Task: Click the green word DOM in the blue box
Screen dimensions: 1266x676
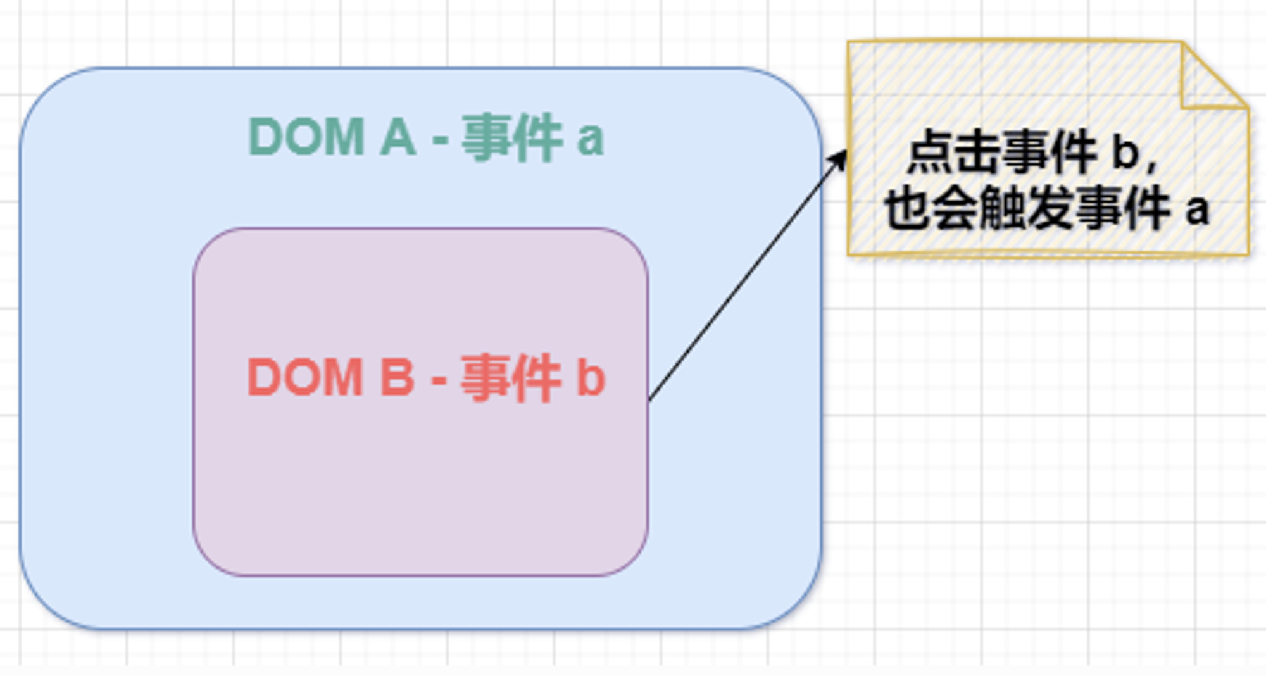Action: pyautogui.click(x=307, y=137)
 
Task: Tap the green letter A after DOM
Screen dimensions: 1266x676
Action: pyautogui.click(x=398, y=137)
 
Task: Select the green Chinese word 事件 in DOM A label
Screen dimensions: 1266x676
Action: pyautogui.click(x=512, y=137)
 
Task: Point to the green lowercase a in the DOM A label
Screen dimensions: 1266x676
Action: pyautogui.click(x=590, y=141)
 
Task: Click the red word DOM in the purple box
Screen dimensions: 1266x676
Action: pyautogui.click(x=305, y=377)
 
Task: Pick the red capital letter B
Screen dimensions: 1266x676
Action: pyautogui.click(x=398, y=377)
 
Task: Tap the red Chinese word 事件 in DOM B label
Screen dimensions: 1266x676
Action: pyautogui.click(x=511, y=378)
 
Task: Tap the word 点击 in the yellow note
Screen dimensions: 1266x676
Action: pyautogui.click(x=955, y=152)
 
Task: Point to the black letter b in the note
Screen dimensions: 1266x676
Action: pyautogui.click(x=1126, y=152)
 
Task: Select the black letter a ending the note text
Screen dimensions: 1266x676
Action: pyautogui.click(x=1197, y=211)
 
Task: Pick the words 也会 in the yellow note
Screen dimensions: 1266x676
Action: pyautogui.click(x=932, y=208)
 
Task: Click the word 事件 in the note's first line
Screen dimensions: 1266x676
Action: pyautogui.click(x=1050, y=152)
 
